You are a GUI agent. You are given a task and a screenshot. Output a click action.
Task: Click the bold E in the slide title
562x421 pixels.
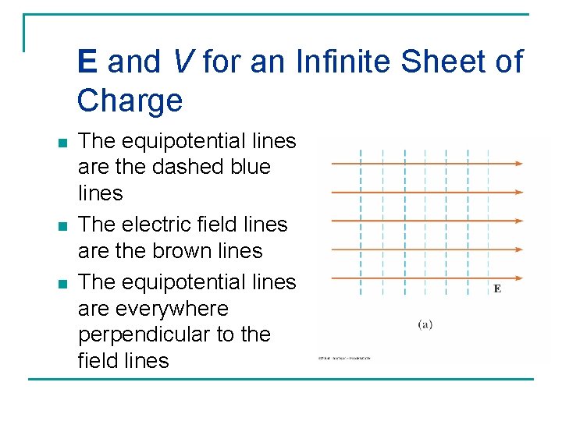point(87,62)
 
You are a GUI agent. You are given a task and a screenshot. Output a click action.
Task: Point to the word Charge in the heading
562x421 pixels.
point(130,101)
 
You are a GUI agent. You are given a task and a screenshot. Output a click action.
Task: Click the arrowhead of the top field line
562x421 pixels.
point(518,164)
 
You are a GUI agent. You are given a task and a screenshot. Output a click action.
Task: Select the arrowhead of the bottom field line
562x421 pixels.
point(518,277)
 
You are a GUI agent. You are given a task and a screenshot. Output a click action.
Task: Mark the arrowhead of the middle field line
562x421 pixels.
point(518,221)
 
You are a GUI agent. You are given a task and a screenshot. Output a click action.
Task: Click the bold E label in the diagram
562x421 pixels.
point(497,289)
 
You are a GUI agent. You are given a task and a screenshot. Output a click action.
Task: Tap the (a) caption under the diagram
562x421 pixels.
point(425,324)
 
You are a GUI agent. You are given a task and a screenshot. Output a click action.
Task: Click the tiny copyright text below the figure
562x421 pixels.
point(343,358)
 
